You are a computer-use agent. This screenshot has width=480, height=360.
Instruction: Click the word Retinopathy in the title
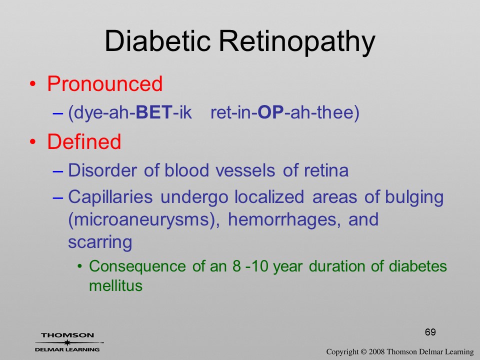(x=297, y=42)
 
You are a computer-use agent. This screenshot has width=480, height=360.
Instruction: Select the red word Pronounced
(x=104, y=83)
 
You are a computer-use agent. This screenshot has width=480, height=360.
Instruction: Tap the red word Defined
(x=84, y=141)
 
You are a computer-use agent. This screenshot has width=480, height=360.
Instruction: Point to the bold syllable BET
(x=154, y=112)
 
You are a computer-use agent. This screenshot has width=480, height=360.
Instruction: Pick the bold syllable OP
(x=271, y=112)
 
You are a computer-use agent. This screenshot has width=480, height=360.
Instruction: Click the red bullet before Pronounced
(x=33, y=84)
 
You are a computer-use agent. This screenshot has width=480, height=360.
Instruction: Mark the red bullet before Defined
(x=33, y=142)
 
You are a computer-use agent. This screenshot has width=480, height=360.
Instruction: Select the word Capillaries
(x=110, y=197)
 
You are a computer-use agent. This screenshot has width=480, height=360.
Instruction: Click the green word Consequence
(x=137, y=266)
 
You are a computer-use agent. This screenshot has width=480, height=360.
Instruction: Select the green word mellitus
(x=115, y=285)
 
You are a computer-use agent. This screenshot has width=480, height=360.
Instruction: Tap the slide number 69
(x=430, y=332)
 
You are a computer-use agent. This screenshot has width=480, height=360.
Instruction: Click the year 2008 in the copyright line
(x=376, y=351)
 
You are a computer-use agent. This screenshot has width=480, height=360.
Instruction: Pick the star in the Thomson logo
(x=67, y=342)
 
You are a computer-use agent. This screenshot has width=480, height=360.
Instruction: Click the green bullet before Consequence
(x=80, y=266)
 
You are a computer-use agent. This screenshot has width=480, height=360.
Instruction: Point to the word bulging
(x=414, y=197)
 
